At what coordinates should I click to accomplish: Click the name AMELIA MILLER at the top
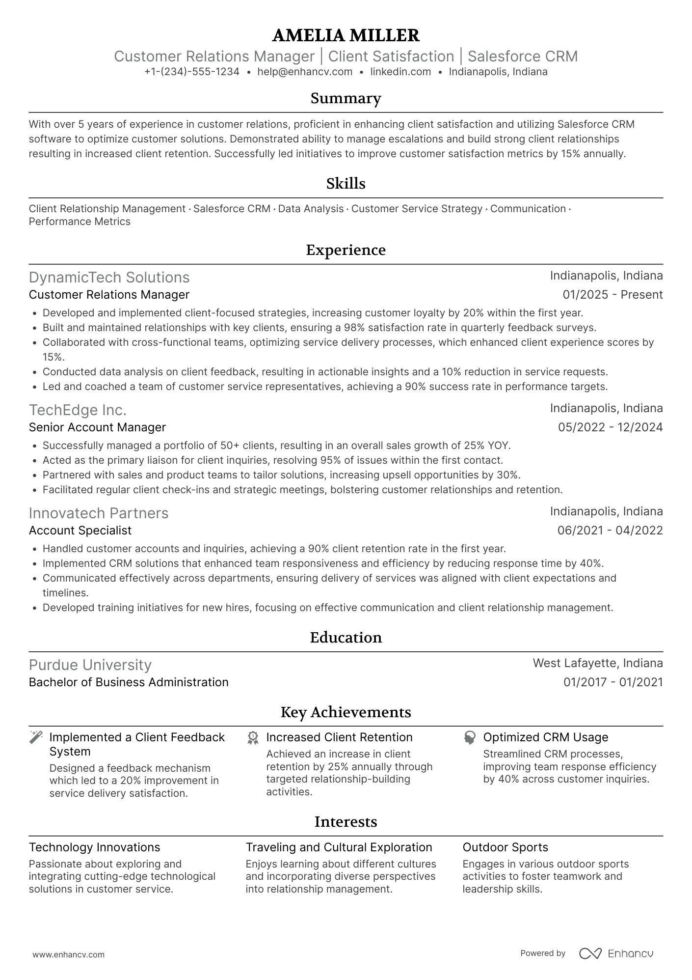[346, 35]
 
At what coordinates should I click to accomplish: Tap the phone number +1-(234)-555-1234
[192, 72]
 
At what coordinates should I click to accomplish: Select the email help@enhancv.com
[305, 72]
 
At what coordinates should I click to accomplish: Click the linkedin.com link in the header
[400, 72]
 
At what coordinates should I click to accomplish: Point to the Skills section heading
[346, 184]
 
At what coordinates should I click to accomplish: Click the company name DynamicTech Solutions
[109, 278]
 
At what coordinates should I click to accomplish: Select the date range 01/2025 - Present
[612, 295]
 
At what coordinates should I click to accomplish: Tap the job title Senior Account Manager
[97, 427]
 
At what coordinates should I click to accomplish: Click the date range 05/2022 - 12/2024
[610, 427]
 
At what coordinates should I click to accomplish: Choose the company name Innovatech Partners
[99, 513]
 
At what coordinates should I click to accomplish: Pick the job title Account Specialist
[80, 531]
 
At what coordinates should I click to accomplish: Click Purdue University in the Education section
[90, 665]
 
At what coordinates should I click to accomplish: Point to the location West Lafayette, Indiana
[597, 663]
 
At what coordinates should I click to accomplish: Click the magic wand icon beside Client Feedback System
[36, 737]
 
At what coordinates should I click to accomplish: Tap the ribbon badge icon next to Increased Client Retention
[253, 738]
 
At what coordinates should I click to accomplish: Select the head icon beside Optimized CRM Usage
[470, 738]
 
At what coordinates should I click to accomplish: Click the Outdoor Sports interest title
[505, 847]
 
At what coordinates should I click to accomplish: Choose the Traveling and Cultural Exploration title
[339, 847]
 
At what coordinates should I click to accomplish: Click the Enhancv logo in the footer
[616, 953]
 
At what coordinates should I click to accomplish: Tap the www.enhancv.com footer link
[69, 954]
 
